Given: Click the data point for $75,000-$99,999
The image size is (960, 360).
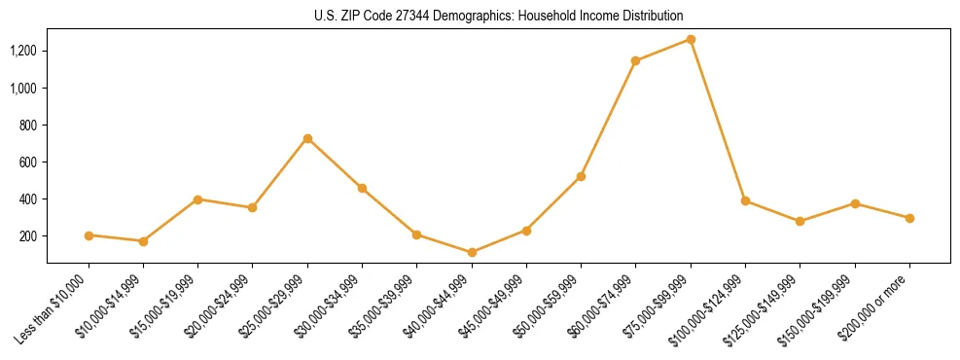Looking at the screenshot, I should pyautogui.click(x=691, y=39).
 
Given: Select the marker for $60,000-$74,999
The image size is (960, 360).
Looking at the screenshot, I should pyautogui.click(x=635, y=60).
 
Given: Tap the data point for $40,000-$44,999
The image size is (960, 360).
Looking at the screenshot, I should pyautogui.click(x=472, y=252).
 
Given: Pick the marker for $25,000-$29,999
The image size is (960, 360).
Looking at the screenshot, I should pyautogui.click(x=307, y=138).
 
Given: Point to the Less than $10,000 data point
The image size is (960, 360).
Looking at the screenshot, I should pyautogui.click(x=89, y=235).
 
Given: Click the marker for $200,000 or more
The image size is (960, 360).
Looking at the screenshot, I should pyautogui.click(x=909, y=218).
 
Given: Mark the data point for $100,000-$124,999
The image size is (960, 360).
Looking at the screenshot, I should pyautogui.click(x=745, y=200).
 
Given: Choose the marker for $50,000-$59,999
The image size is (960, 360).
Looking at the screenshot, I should pyautogui.click(x=581, y=176).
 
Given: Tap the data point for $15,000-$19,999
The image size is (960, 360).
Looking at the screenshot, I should pyautogui.click(x=197, y=199).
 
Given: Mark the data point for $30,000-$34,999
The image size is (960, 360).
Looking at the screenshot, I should pyautogui.click(x=362, y=188).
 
